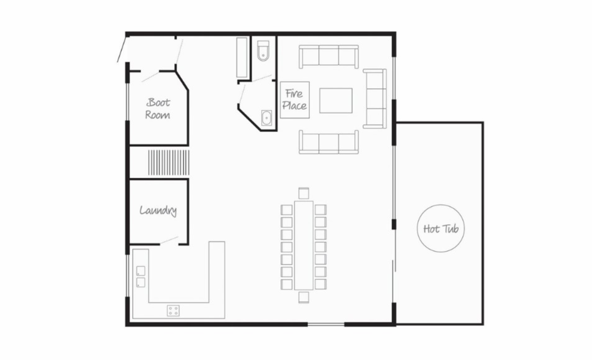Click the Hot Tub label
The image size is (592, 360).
click(441, 229)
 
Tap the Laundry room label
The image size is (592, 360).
click(158, 211)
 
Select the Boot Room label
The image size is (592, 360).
click(158, 109)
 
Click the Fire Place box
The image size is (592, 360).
click(295, 100)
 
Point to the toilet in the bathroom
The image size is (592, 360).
click(263, 51)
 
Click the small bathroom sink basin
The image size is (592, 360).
click(267, 118)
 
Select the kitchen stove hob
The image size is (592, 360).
click(173, 310)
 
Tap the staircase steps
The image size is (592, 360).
click(168, 162)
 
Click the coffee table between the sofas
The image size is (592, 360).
click(336, 100)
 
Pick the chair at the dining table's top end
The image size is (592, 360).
click(303, 193)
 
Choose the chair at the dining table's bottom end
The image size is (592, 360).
click(303, 297)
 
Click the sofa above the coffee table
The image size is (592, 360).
click(329, 57)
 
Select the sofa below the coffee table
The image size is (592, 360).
click(329, 143)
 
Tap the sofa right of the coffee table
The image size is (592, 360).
click(375, 98)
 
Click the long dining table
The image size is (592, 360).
click(304, 245)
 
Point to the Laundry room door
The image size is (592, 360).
click(169, 240)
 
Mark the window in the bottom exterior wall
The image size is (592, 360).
click(326, 324)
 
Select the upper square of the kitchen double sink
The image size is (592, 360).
click(141, 271)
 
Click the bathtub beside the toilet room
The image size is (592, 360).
click(242, 58)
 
